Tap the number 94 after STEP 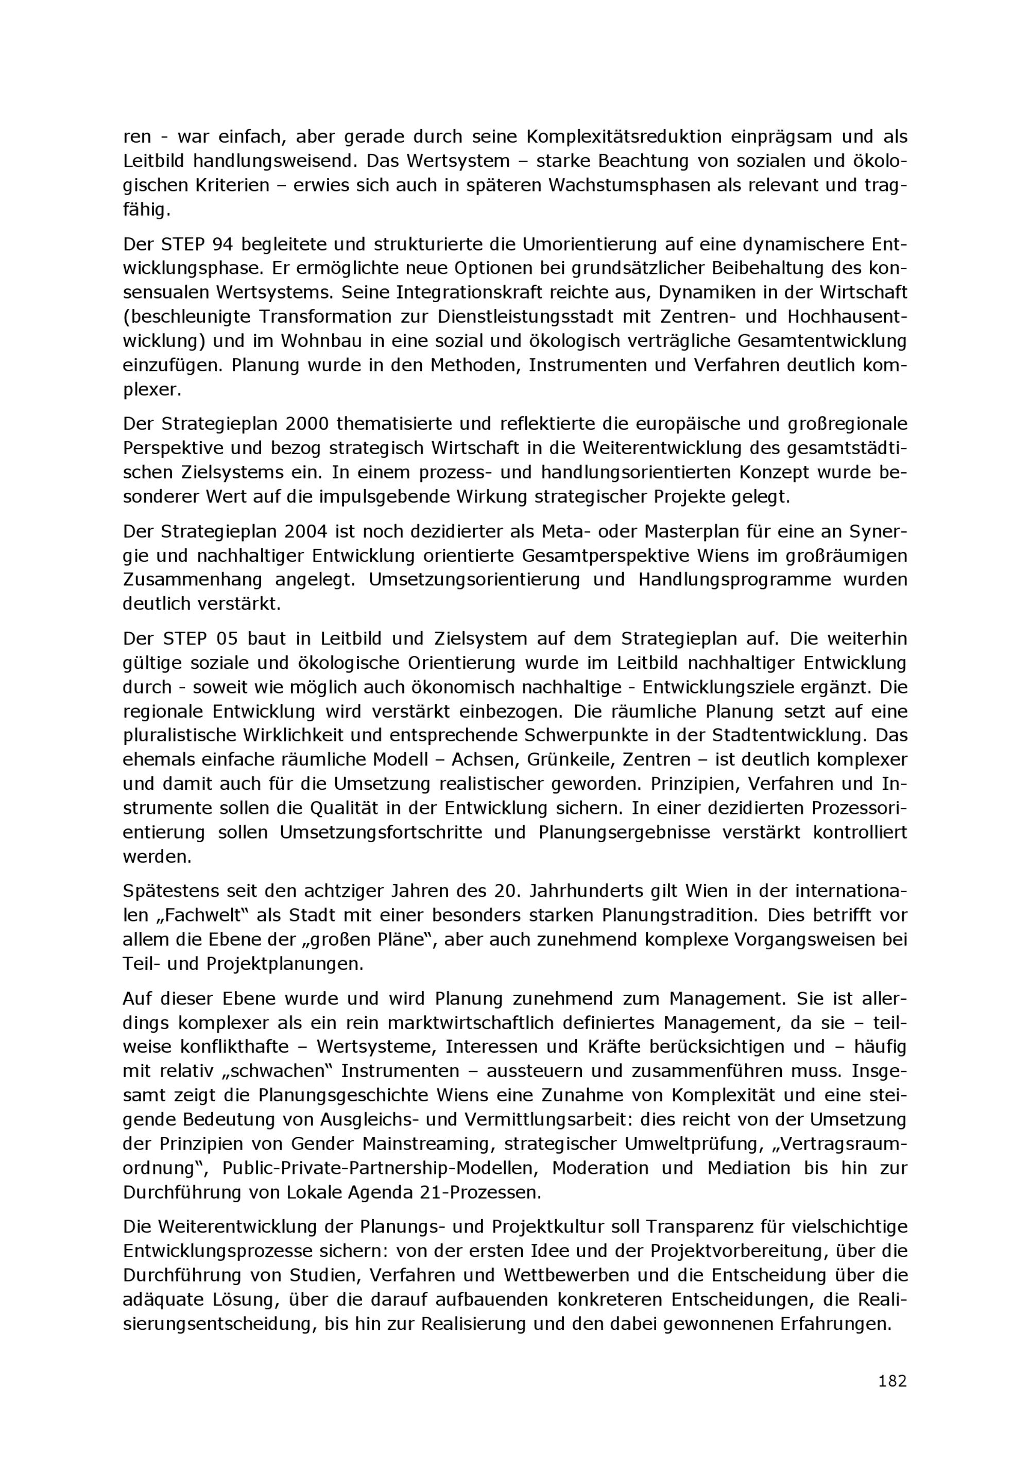pos(221,245)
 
